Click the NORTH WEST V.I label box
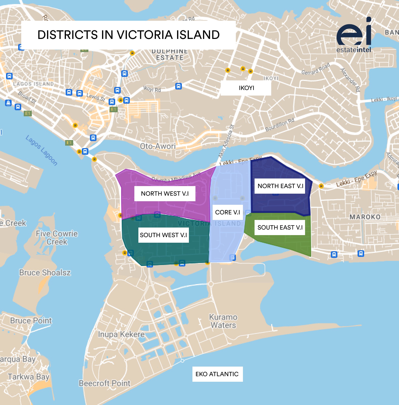pyautogui.click(x=165, y=194)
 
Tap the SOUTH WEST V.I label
pyautogui.click(x=163, y=235)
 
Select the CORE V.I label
pyautogui.click(x=228, y=212)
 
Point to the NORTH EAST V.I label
pyautogui.click(x=280, y=186)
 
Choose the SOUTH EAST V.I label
pyautogui.click(x=280, y=228)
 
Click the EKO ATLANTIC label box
pyautogui.click(x=217, y=374)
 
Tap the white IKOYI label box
pyautogui.click(x=246, y=88)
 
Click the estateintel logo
pyautogui.click(x=354, y=35)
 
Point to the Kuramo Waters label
pyautogui.click(x=223, y=321)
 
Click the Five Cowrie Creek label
pyautogui.click(x=57, y=238)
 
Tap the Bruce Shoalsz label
pyautogui.click(x=45, y=273)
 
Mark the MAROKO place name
pyautogui.click(x=365, y=217)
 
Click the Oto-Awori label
pyautogui.click(x=158, y=146)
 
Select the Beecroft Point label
pyautogui.click(x=105, y=383)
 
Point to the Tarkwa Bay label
pyautogui.click(x=29, y=377)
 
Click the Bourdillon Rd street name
pyautogui.click(x=280, y=125)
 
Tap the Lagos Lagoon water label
pyautogui.click(x=42, y=150)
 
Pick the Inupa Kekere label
pyautogui.click(x=121, y=334)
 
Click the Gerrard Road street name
pyautogui.click(x=316, y=69)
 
